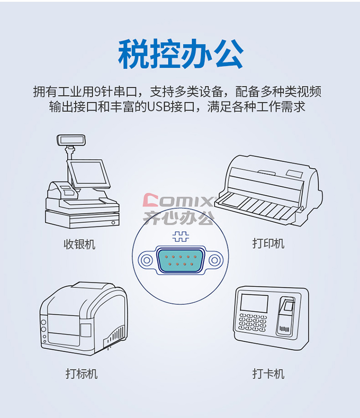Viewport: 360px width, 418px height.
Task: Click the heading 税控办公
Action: coord(180,54)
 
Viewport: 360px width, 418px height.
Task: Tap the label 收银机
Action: coord(80,244)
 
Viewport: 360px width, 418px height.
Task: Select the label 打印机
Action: coord(268,243)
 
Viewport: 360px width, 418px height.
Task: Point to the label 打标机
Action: coord(82,374)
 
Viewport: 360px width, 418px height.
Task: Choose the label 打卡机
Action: coord(268,374)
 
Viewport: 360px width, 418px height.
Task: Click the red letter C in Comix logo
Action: coord(151,200)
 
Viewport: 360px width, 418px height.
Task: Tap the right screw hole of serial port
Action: coord(215,260)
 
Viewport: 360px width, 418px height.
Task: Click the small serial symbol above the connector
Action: coord(180,237)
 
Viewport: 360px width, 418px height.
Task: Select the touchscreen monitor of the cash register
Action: coord(88,174)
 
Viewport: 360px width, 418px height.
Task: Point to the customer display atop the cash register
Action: coord(71,140)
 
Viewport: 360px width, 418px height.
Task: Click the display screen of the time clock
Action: coord(254,303)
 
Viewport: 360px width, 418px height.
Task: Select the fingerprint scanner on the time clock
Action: coord(286,315)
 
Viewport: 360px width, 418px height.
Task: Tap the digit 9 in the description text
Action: coord(97,92)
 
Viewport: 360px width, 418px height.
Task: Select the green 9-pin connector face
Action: coord(180,260)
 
